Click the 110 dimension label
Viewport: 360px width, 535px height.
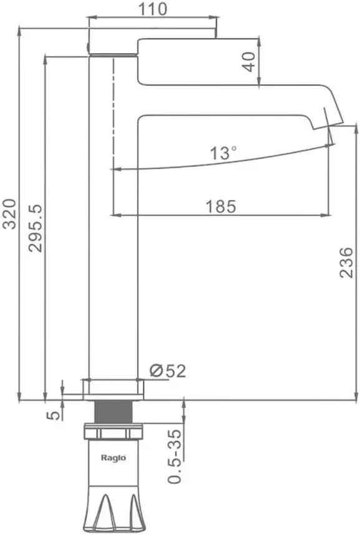click(152, 9)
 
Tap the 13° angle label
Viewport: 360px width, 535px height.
click(223, 153)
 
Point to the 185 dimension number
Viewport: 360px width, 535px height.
click(221, 207)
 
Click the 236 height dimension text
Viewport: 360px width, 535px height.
click(346, 262)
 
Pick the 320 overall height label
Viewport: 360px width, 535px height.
click(9, 214)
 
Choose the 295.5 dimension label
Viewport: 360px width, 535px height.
click(35, 228)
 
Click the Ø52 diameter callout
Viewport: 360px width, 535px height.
click(168, 371)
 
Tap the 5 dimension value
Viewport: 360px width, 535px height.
click(53, 415)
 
